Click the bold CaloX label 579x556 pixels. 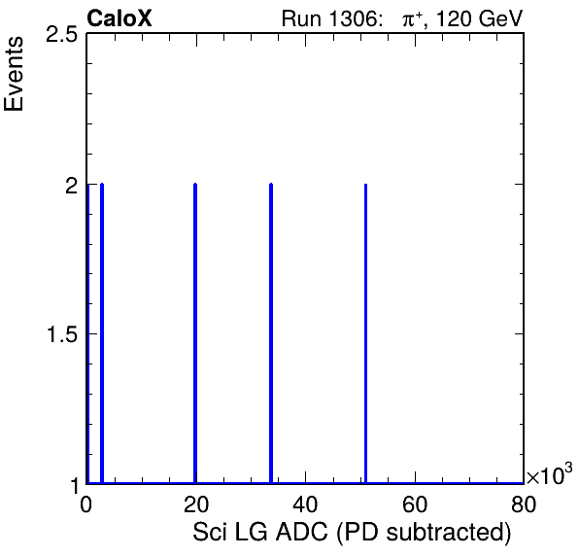pos(119,18)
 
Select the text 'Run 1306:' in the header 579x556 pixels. pos(331,18)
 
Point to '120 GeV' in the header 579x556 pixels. pos(479,18)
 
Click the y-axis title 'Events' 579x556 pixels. pos(14,74)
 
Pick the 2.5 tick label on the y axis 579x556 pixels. pos(61,35)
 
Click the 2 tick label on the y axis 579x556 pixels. pos(71,186)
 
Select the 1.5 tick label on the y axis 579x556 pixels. pos(62,335)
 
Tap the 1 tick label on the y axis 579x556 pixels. pos(75,485)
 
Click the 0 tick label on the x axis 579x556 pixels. pos(86,504)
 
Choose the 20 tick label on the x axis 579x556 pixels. pos(196,504)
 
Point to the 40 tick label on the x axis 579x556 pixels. pos(305,504)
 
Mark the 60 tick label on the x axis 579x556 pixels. pos(415,504)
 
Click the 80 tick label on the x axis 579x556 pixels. pos(524,504)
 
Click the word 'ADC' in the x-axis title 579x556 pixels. pos(302,532)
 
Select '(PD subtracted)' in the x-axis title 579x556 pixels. pos(424,533)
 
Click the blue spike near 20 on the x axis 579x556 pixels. pos(195,333)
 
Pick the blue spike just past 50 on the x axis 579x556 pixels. pos(365,333)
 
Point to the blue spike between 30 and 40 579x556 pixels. pos(271,333)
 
